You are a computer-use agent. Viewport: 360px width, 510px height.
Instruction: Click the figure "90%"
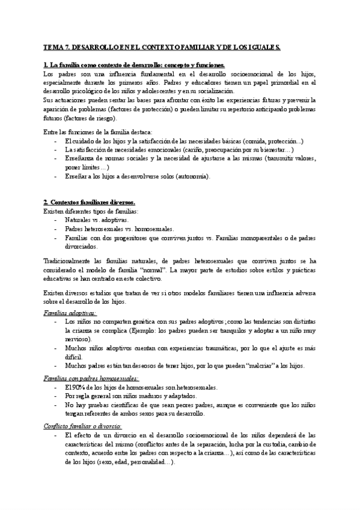point(78,387)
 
